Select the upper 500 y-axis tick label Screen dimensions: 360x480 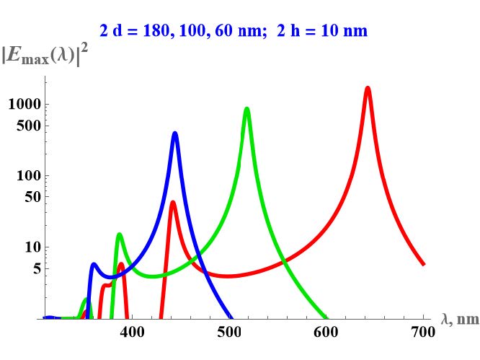(27, 126)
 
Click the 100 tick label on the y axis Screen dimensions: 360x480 (27, 176)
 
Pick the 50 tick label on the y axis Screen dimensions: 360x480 (31, 197)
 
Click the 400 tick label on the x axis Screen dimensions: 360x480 (132, 332)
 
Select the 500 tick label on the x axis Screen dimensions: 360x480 (229, 332)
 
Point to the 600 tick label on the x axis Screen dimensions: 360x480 (326, 332)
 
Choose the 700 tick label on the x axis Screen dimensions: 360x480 (423, 332)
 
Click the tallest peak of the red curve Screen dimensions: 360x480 (368, 89)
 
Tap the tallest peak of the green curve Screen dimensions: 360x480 (246, 110)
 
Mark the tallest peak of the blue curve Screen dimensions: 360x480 (174, 133)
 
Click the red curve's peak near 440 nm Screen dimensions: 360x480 (173, 203)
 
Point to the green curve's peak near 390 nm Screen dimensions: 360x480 (119, 234)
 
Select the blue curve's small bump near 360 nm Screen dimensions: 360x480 (94, 265)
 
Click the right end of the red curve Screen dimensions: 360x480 (423, 264)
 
